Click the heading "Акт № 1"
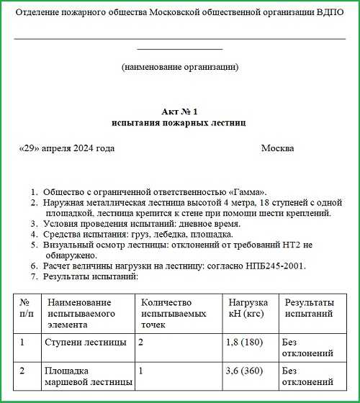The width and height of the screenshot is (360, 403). (179, 112)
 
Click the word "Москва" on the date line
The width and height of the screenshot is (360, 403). (277, 148)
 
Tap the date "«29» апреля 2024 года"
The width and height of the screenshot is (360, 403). (67, 148)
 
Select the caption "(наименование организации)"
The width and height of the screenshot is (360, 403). (180, 68)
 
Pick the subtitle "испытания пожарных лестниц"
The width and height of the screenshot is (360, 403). (179, 123)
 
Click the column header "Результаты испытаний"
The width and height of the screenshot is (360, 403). (310, 308)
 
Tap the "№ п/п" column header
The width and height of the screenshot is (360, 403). (24, 308)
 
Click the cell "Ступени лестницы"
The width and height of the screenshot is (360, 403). (86, 342)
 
